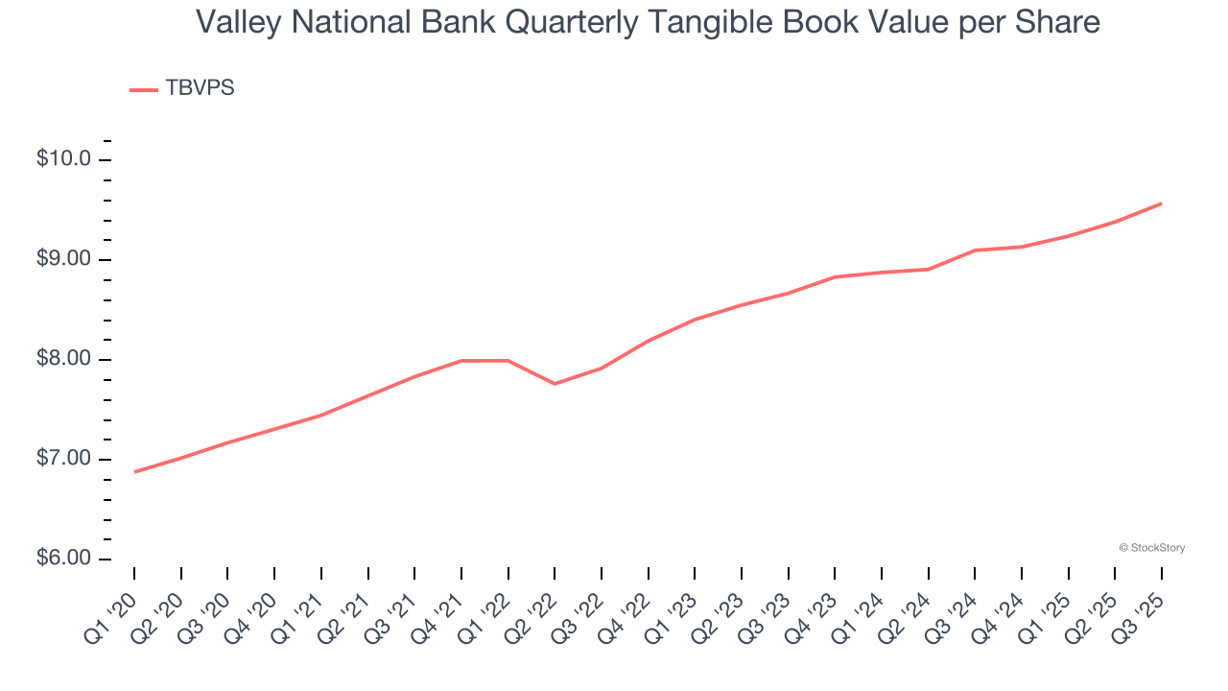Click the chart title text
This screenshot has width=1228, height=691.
(x=648, y=22)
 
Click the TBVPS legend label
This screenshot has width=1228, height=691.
(x=200, y=88)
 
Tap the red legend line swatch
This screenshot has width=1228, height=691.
(x=143, y=89)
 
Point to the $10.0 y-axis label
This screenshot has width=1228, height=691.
(x=63, y=159)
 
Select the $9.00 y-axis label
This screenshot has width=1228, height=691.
(x=63, y=259)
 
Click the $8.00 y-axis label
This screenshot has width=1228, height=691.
(x=63, y=359)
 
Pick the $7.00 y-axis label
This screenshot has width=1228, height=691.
(x=63, y=459)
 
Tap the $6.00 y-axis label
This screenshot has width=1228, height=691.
(x=63, y=559)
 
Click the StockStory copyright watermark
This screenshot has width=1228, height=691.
(x=1151, y=548)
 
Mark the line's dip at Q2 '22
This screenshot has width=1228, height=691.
(x=555, y=384)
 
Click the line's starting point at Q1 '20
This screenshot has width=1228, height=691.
(x=134, y=472)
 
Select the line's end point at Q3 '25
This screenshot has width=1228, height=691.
(x=1162, y=203)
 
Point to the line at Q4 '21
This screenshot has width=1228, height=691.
(x=461, y=361)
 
